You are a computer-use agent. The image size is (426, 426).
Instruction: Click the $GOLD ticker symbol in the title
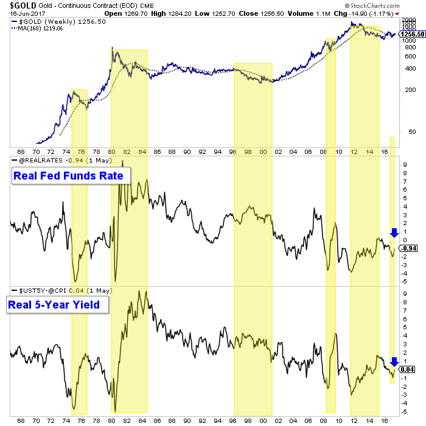tap(18, 5)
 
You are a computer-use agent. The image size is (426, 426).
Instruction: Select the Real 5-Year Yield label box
tap(57, 304)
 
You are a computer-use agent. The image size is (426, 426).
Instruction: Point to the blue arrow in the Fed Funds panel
tap(394, 232)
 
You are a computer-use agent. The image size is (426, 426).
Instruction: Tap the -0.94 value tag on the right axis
tap(408, 249)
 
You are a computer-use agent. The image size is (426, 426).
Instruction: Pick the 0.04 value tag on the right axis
tap(407, 369)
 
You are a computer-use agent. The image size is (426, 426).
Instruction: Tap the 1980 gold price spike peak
tap(111, 48)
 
